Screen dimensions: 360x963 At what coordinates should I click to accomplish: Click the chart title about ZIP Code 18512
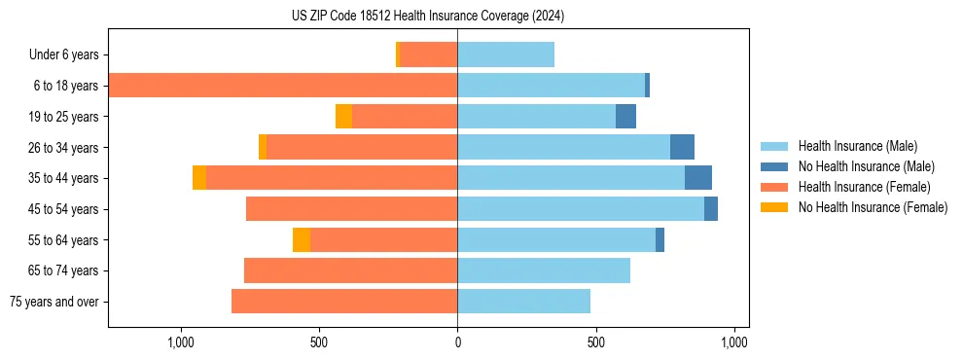[428, 17]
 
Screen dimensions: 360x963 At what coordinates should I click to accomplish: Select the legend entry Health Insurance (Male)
[857, 146]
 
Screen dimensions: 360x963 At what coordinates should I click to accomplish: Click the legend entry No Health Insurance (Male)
[866, 166]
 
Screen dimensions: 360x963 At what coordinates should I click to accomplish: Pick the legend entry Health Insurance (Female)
[864, 187]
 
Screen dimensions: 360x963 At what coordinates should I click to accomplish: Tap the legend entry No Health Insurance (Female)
[873, 207]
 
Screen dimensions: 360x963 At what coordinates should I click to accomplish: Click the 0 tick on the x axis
[457, 342]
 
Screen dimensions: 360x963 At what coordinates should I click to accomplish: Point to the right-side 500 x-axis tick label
[595, 342]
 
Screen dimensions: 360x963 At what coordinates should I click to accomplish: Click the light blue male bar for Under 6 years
[506, 54]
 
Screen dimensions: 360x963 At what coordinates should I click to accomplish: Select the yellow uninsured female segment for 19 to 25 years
[343, 117]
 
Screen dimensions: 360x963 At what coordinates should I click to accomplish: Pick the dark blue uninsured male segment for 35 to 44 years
[698, 178]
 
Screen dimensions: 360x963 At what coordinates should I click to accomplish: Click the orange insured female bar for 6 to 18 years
[282, 86]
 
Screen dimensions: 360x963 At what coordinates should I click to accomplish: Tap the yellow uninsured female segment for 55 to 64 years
[302, 240]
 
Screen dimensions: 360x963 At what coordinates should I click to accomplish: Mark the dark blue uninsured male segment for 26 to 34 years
[682, 147]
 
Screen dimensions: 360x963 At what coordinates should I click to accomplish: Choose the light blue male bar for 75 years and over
[523, 302]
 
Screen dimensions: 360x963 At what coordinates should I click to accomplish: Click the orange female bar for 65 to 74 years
[350, 270]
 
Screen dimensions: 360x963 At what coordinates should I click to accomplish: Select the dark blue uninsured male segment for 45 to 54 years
[711, 209]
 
